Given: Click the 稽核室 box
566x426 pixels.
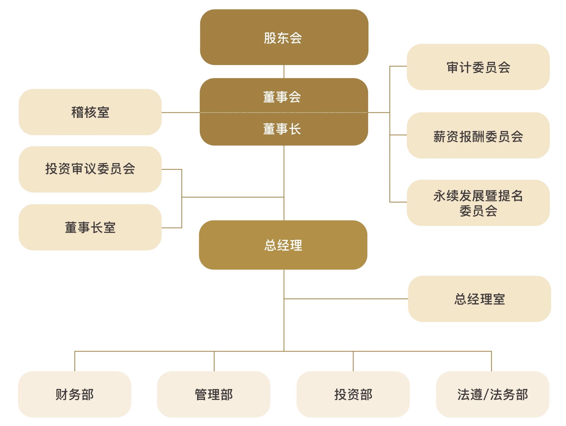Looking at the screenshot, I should pyautogui.click(x=90, y=112).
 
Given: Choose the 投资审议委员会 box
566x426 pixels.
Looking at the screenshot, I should pyautogui.click(x=90, y=169).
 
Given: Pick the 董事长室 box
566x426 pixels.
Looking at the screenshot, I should pyautogui.click(x=90, y=227).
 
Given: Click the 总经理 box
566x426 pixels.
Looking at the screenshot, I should pyautogui.click(x=283, y=245).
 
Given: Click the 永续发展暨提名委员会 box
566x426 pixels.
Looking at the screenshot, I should pyautogui.click(x=478, y=203).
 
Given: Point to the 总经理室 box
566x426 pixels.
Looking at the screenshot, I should pyautogui.click(x=479, y=299).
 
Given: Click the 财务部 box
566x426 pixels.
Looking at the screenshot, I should pyautogui.click(x=75, y=394).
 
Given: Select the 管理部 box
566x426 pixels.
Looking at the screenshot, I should pyautogui.click(x=213, y=394).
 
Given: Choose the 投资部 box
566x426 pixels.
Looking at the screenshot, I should pyautogui.click(x=353, y=394).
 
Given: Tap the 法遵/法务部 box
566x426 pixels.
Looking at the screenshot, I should pyautogui.click(x=492, y=394).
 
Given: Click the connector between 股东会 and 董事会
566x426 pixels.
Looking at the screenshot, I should pyautogui.click(x=284, y=72).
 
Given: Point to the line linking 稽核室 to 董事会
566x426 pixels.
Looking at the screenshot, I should pyautogui.click(x=180, y=112).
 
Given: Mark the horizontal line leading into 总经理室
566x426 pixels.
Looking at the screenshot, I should pyautogui.click(x=345, y=299).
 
